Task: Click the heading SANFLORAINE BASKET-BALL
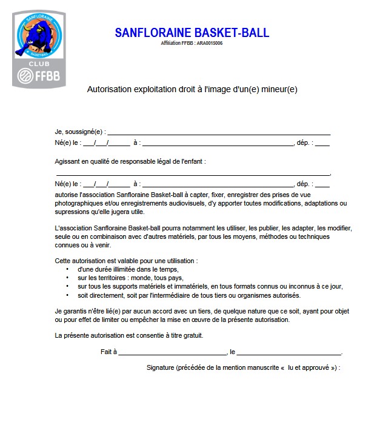click(x=192, y=33)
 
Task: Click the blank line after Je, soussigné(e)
click(x=218, y=132)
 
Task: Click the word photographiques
click(x=78, y=203)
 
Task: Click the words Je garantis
click(x=71, y=310)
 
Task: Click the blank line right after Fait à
click(x=172, y=352)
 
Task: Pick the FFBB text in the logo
click(x=45, y=77)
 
